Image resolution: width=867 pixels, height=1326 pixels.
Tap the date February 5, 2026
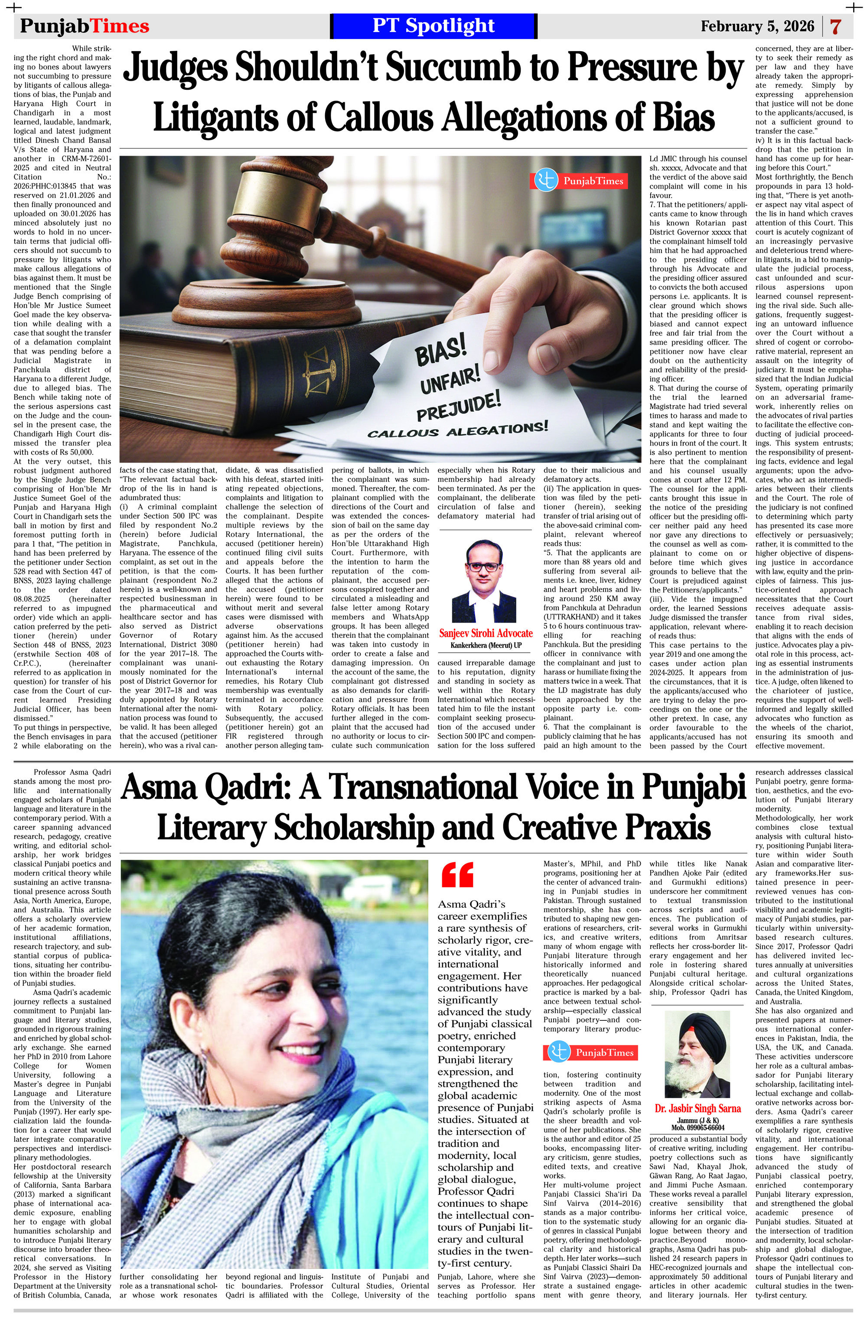pyautogui.click(x=757, y=26)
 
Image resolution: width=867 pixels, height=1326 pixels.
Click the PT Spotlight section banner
pyautogui.click(x=433, y=26)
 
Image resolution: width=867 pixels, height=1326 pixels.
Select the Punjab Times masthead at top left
pyautogui.click(x=85, y=26)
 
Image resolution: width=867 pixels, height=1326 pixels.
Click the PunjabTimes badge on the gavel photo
pyautogui.click(x=578, y=180)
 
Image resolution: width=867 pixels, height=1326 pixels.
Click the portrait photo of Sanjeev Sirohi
pyautogui.click(x=485, y=580)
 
